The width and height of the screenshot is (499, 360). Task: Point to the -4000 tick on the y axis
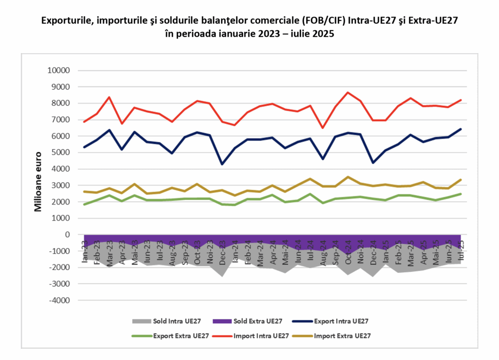(x=60, y=300)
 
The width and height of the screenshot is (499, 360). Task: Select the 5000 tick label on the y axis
(x=61, y=152)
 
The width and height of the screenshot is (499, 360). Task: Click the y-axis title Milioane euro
(x=38, y=181)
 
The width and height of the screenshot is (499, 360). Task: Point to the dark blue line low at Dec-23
(x=222, y=164)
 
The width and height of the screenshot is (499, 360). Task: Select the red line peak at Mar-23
(x=109, y=97)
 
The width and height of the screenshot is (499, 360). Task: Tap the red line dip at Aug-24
(x=323, y=128)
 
